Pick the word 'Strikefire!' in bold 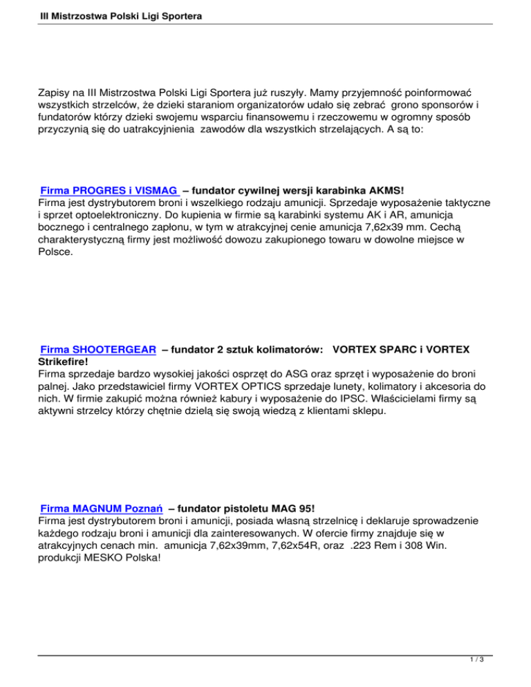coord(64,361)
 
